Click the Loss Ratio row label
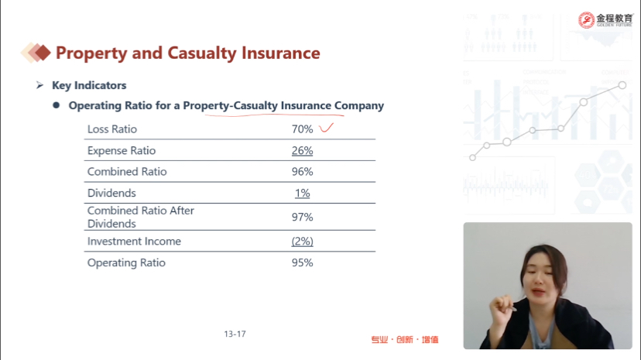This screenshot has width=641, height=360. coord(112,129)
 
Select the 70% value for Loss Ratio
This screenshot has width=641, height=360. coord(302,129)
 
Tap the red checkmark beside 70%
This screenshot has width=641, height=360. coord(326,128)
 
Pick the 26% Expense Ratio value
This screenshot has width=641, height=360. coord(302,151)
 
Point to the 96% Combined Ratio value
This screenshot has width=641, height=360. coord(302,172)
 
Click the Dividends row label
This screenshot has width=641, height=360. coord(111,193)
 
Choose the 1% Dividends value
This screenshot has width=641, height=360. coord(302,193)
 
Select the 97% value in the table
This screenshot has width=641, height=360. coord(302,217)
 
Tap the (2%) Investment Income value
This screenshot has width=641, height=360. coord(302,242)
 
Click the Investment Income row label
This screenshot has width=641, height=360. coord(134,241)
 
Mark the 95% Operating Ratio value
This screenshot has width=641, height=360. coord(302,262)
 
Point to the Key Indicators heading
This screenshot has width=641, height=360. coord(89,85)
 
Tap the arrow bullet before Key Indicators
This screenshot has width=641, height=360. coord(39,85)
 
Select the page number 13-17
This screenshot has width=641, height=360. coord(235,334)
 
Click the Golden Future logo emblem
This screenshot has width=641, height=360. coord(586,20)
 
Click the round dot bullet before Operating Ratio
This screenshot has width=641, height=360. coord(57,105)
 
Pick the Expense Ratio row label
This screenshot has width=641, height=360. coord(122,151)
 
